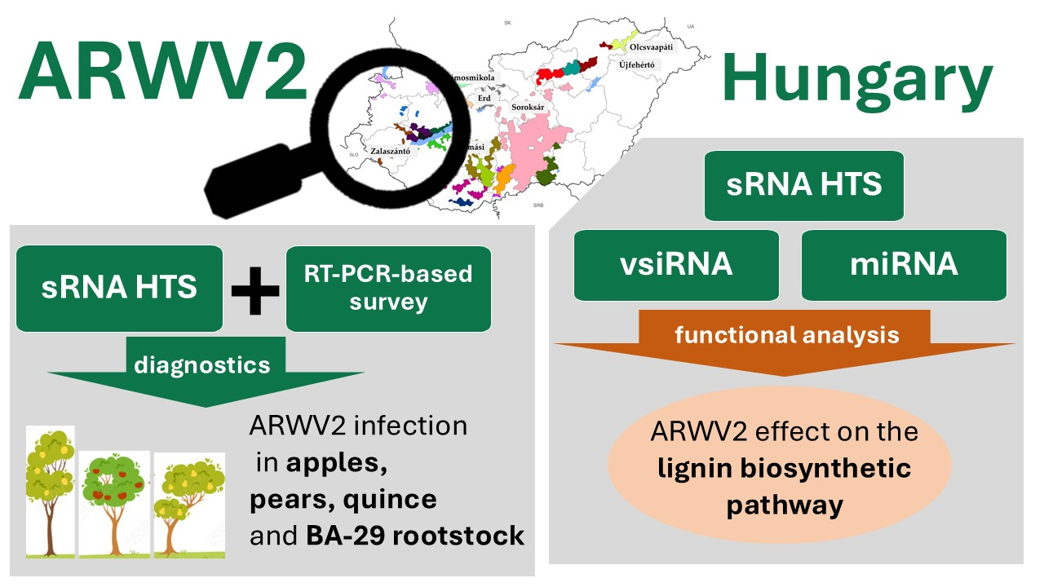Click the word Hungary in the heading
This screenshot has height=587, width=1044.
857,81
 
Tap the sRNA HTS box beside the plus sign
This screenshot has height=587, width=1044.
119,289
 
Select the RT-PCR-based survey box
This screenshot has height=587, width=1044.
388,289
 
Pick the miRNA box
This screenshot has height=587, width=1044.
904,265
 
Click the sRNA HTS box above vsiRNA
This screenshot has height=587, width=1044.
803,185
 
